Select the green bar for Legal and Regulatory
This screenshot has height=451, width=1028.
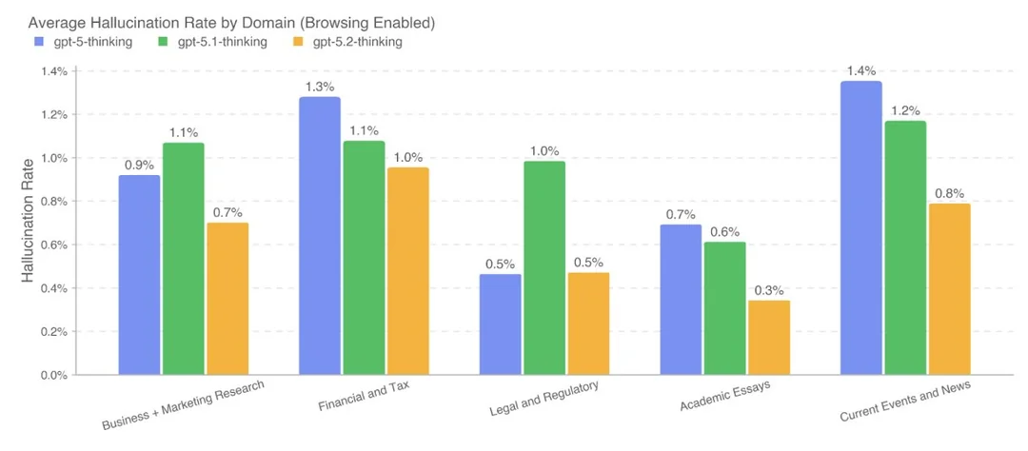544,267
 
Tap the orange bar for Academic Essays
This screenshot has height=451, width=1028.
769,338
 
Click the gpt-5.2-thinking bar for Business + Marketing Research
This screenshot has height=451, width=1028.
227,299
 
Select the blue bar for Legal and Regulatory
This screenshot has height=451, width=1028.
501,324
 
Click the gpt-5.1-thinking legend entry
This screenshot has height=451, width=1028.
211,42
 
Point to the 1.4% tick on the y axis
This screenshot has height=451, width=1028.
52,71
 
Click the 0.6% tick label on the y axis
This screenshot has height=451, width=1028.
52,245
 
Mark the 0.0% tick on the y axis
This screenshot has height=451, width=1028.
52,375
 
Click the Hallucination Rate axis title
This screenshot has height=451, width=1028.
30,224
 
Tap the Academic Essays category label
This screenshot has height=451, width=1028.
725,398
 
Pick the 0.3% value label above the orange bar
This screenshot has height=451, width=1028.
769,289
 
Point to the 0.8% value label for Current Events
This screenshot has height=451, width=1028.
948,192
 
